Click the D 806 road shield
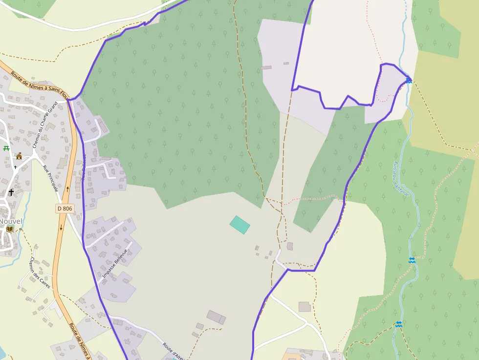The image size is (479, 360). pyautogui.click(x=65, y=209)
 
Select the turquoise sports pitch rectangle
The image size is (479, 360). pyautogui.click(x=240, y=225)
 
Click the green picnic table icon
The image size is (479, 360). pyautogui.click(x=6, y=148)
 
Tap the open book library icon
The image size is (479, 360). pyautogui.click(x=10, y=229)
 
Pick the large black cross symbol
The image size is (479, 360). pyautogui.click(x=11, y=192)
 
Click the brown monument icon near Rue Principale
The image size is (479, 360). pyautogui.click(x=20, y=156)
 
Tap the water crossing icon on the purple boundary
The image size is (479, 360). pyautogui.click(x=409, y=81)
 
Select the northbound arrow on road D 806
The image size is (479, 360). pyautogui.click(x=67, y=188)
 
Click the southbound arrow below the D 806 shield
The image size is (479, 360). pyautogui.click(x=62, y=228)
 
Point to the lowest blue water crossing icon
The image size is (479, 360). pyautogui.click(x=399, y=324)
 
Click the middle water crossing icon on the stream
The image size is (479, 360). pyautogui.click(x=412, y=260)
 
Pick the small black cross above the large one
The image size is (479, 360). pyautogui.click(x=15, y=167)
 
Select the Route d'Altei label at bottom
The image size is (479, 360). pyautogui.click(x=173, y=351)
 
